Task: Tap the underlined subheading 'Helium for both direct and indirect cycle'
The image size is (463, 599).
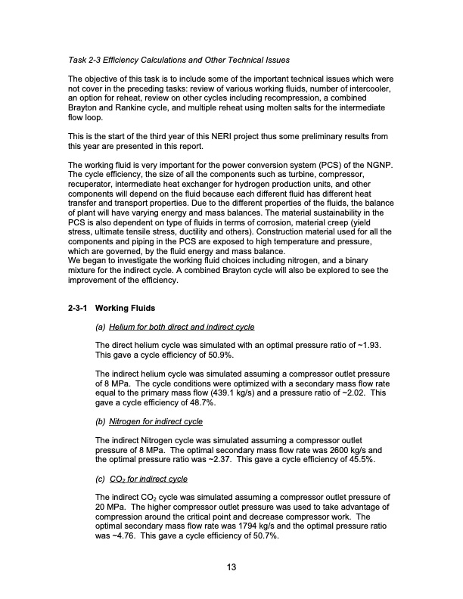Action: click(182, 327)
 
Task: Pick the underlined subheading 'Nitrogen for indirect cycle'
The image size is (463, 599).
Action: click(156, 421)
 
